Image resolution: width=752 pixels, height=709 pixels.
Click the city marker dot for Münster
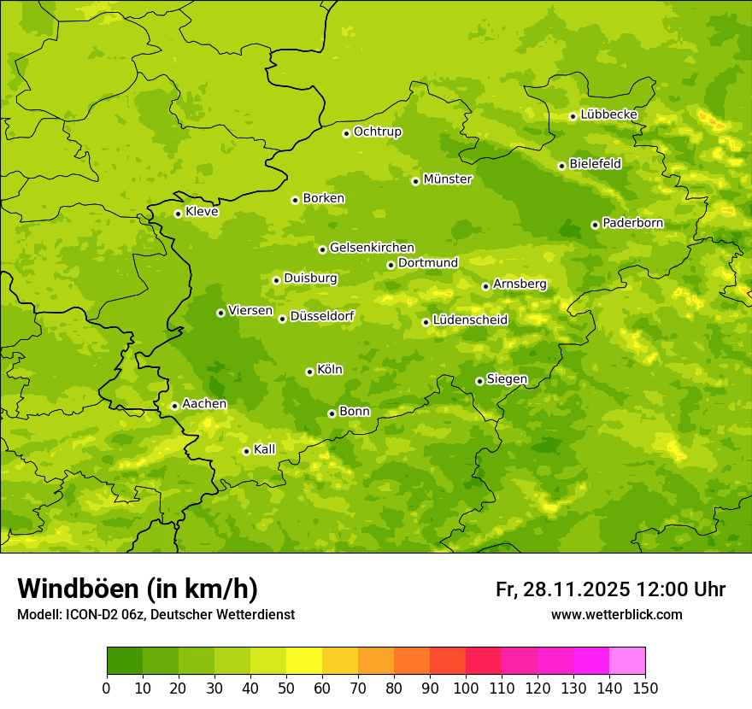point(415,181)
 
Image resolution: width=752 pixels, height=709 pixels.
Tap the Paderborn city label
point(632,223)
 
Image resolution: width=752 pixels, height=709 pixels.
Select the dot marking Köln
point(309,372)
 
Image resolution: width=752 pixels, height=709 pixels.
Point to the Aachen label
point(204,404)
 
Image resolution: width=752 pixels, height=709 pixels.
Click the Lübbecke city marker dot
point(573,116)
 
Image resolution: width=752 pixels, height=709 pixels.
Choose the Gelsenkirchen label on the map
point(372,248)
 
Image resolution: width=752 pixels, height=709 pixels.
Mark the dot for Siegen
point(479,381)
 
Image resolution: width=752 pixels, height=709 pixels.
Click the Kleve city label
point(202,212)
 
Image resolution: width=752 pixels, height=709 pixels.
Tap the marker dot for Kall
point(246,451)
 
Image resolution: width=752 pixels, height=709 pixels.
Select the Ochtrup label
point(377,132)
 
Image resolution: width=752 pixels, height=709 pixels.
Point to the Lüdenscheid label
point(470,320)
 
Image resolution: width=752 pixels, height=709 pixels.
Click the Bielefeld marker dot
point(561,166)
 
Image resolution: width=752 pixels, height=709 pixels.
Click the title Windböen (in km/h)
point(137,589)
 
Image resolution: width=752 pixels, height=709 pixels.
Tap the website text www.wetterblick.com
point(616,614)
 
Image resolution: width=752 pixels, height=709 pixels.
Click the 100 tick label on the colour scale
point(466,688)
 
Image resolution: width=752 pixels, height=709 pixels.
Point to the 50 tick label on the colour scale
point(286,688)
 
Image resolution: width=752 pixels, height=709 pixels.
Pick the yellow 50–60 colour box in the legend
point(304,661)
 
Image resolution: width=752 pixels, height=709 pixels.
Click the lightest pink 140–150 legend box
point(627,661)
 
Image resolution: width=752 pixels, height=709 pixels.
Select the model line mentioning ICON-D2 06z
point(156,614)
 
